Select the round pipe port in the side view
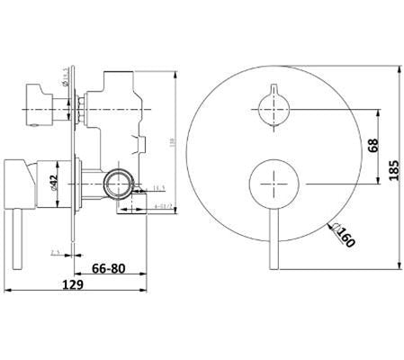115,187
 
